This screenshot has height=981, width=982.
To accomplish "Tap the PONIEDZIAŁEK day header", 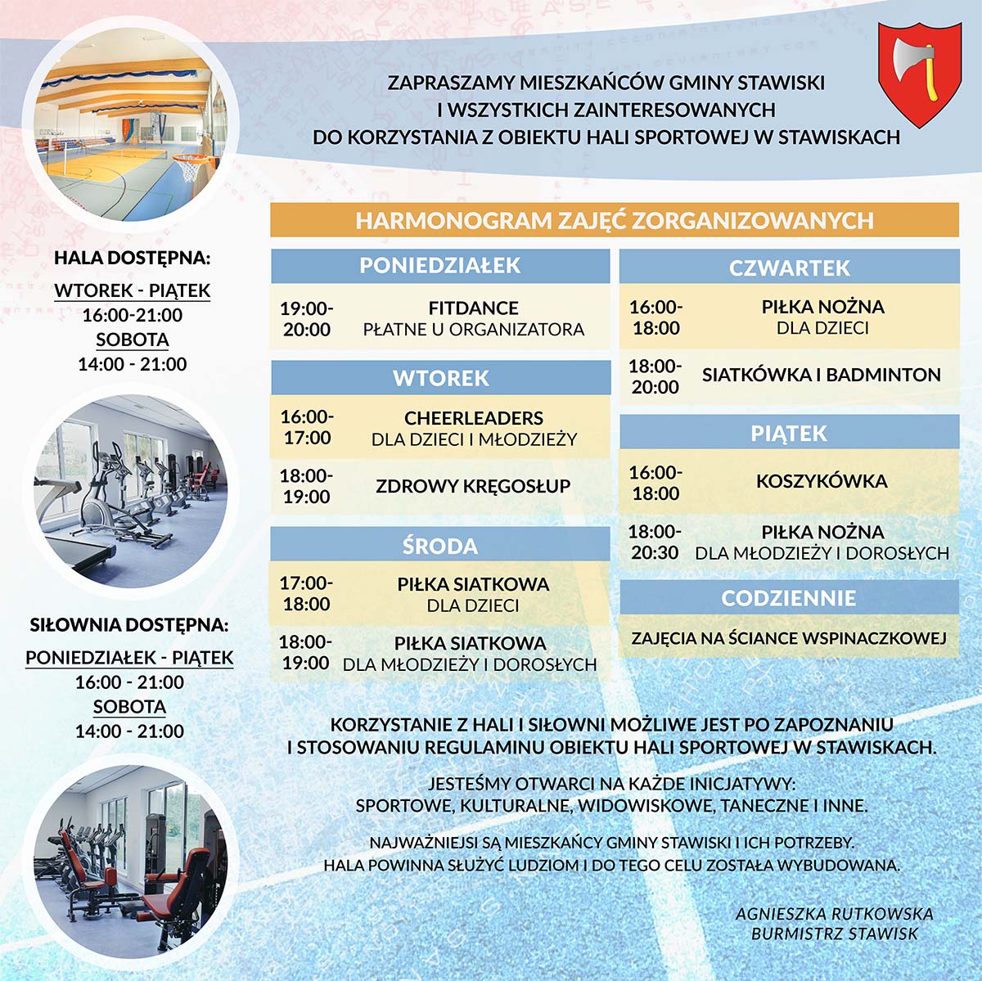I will (440, 266).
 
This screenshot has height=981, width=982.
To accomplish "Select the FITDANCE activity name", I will (473, 308).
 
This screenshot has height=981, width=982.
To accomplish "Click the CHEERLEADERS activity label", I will (474, 418).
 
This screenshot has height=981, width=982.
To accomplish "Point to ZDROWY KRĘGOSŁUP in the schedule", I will (473, 486).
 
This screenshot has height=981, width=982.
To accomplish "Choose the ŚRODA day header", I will (440, 546).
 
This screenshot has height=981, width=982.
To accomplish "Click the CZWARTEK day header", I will (789, 268).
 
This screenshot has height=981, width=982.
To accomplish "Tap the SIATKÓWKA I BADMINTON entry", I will (821, 375).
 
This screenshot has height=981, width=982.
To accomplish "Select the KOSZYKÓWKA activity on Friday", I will (822, 481).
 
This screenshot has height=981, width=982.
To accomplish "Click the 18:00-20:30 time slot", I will (655, 542).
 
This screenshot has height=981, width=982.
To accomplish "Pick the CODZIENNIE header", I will (789, 598).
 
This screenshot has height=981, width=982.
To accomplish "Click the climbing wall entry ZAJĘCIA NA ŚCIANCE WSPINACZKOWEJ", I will (789, 638).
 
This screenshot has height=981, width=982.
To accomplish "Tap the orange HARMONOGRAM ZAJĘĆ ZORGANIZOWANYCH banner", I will (615, 221).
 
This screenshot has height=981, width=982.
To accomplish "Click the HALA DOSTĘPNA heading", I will (133, 258).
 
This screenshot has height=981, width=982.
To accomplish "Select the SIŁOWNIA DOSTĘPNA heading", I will (129, 625).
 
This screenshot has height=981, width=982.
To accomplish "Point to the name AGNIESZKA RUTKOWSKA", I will (834, 914).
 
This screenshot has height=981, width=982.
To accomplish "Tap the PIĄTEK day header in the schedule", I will (789, 433).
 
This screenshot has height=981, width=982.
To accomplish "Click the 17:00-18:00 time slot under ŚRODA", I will (306, 594).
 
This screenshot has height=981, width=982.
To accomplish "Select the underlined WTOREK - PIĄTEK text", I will (133, 290).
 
